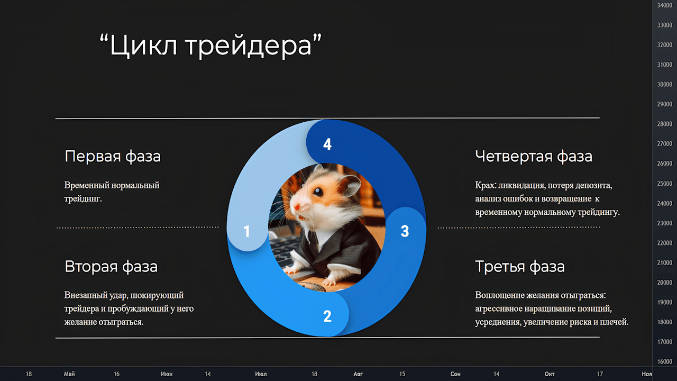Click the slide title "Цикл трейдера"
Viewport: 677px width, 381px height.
pos(211,46)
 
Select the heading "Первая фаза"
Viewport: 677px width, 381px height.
pos(113,156)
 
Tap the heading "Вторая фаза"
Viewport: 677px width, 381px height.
pos(111,267)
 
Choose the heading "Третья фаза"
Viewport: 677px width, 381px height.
pos(520,267)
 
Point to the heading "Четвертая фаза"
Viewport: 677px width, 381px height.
pos(534,156)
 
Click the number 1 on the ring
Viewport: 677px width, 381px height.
pos(246,231)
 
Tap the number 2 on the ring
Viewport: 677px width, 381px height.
pos(327,316)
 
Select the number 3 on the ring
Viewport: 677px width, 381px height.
pos(405,231)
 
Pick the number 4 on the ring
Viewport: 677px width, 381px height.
pos(327,144)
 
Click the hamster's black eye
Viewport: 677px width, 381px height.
pos(318,192)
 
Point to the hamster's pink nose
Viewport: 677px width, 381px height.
pos(297,207)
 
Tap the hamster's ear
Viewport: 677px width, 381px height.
pos(350,184)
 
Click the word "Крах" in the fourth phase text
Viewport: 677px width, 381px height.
pos(486,185)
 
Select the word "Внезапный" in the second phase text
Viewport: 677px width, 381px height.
pos(85,295)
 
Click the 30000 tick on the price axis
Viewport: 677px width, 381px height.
pos(665,84)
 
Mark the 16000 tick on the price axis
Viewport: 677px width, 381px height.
pos(665,361)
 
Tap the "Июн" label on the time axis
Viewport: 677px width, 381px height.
pos(167,374)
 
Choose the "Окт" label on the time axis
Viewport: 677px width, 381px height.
pos(550,374)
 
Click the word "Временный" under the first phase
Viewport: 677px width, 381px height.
pos(86,185)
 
